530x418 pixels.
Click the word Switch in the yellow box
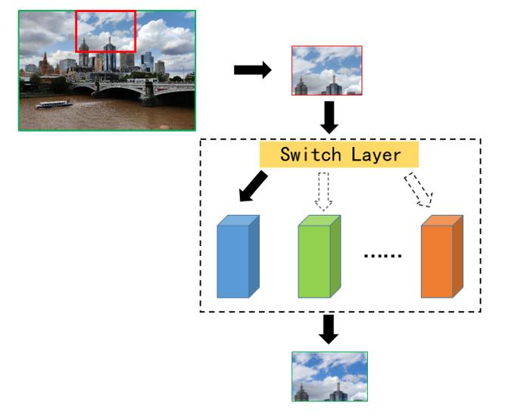click(310, 154)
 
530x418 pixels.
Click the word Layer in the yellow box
click(376, 155)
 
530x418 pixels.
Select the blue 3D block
click(238, 257)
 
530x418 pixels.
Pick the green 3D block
click(319, 257)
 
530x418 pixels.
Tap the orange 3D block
click(441, 257)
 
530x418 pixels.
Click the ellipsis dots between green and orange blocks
click(382, 256)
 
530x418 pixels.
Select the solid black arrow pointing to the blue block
click(253, 186)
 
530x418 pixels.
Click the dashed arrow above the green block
click(323, 192)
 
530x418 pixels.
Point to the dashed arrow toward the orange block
click(419, 190)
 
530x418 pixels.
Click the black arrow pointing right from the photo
click(252, 70)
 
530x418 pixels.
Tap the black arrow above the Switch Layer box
click(329, 117)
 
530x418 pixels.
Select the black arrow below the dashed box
click(329, 329)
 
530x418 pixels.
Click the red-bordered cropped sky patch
click(327, 70)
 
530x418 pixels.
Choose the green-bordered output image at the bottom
click(329, 376)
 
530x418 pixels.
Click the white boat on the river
click(54, 104)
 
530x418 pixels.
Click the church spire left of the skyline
click(45, 62)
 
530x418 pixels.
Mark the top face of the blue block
click(238, 220)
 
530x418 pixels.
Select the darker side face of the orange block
click(457, 257)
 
